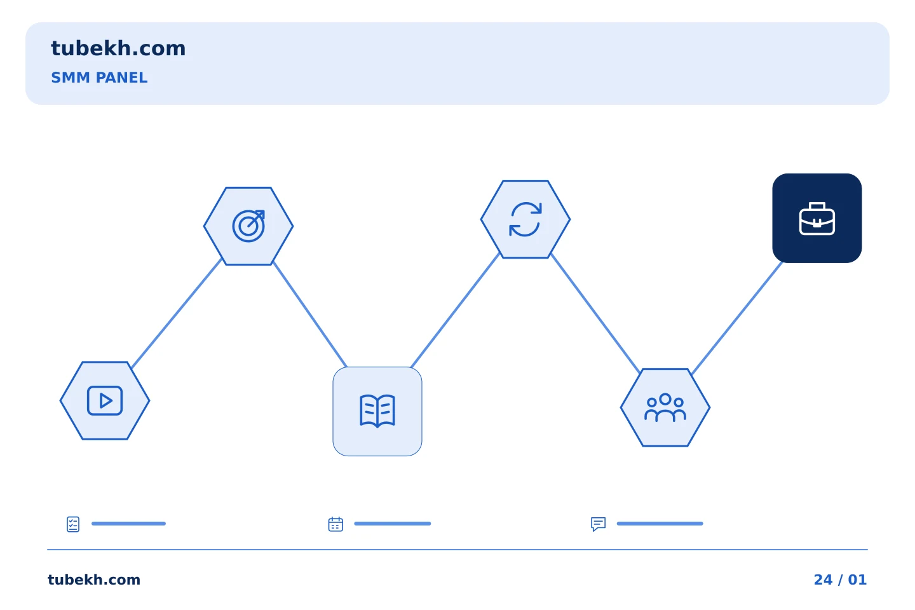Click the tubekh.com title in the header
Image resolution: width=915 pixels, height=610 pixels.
[x=118, y=48]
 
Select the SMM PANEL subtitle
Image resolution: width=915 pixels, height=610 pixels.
[x=99, y=78]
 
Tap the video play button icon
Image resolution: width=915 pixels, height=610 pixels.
[x=105, y=401]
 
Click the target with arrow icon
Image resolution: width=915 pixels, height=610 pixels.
[x=248, y=226]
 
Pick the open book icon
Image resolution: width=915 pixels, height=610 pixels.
[x=377, y=411]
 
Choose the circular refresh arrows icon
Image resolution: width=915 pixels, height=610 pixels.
[x=525, y=219]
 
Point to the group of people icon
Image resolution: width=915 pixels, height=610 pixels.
[x=665, y=407]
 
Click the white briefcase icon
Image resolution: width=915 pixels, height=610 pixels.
[x=817, y=219]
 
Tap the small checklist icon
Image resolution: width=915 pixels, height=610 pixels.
[x=73, y=524]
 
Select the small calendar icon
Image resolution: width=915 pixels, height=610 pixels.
[x=335, y=524]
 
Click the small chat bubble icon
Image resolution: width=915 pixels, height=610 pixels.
[x=599, y=524]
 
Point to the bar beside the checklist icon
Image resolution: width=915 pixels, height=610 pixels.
[x=128, y=524]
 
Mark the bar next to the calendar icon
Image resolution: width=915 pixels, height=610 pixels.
[x=393, y=524]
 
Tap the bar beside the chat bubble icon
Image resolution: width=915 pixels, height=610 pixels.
[x=660, y=524]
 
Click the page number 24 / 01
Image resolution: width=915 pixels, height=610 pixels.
[x=840, y=579]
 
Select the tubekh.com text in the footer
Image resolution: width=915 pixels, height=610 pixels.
[x=94, y=579]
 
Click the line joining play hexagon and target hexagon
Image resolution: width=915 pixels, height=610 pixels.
[x=177, y=313]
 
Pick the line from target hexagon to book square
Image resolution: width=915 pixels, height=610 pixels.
[x=310, y=315]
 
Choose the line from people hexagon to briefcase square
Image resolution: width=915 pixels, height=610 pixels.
[x=737, y=318]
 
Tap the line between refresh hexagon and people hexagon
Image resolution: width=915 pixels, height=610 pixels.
[x=595, y=313]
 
